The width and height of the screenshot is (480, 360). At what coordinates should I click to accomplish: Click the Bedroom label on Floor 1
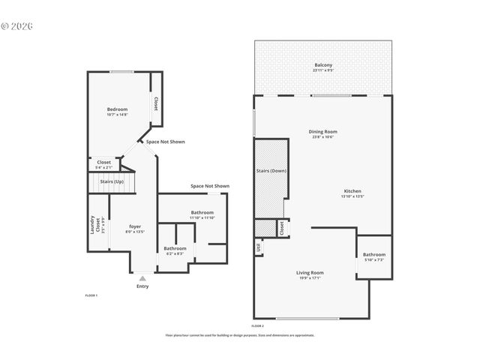[117, 109]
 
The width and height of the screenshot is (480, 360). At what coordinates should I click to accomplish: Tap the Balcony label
[324, 65]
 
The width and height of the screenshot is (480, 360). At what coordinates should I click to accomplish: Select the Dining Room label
[322, 133]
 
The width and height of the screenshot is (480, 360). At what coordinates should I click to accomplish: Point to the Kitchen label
[352, 191]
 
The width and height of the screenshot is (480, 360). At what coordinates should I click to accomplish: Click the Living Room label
[310, 272]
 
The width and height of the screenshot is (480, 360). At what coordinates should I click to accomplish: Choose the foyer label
[135, 226]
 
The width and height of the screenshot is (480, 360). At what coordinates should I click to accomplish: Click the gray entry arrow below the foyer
[142, 277]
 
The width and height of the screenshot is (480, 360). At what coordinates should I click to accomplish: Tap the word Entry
[142, 286]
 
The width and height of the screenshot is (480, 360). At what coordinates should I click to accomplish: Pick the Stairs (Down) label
[272, 171]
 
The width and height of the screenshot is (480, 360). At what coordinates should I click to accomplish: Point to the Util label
[259, 247]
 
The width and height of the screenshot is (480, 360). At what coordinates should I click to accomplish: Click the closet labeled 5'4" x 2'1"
[103, 163]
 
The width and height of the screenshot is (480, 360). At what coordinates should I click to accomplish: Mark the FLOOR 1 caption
[91, 295]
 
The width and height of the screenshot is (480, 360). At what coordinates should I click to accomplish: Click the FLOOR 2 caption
[258, 326]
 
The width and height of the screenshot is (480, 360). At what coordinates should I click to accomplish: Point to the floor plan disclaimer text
[240, 335]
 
